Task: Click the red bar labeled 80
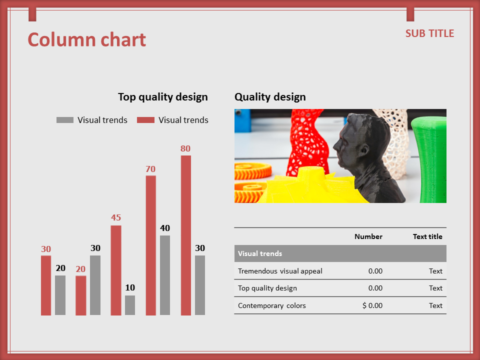[186, 235]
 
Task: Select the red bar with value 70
[150, 245]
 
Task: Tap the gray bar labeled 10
[130, 305]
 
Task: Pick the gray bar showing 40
[165, 275]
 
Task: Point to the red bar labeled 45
[115, 270]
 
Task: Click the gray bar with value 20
[60, 295]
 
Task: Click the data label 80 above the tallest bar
[185, 149]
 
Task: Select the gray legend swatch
[65, 120]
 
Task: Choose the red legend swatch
[145, 120]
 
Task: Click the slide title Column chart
[87, 40]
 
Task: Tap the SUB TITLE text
[430, 33]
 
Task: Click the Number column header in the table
[368, 236]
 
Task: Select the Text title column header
[427, 236]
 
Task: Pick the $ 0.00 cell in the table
[372, 305]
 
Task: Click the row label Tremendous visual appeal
[280, 271]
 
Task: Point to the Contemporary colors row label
[272, 305]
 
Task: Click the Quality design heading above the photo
[270, 97]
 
